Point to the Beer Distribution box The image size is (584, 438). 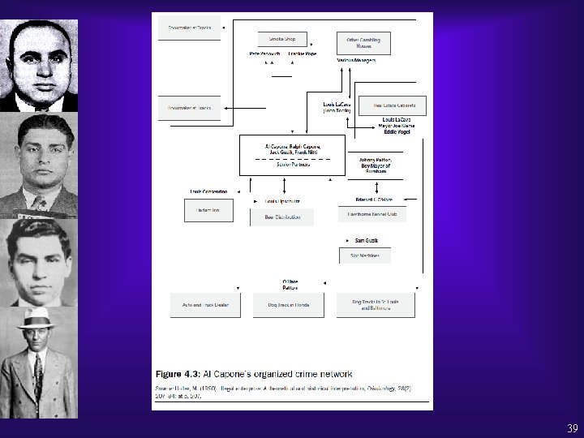tap(281, 217)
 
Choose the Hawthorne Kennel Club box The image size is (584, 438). tap(371, 214)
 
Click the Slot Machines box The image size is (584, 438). tap(364, 255)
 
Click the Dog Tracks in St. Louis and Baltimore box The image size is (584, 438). tap(370, 304)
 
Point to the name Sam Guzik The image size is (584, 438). tap(367, 240)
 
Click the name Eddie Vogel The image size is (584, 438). tap(393, 131)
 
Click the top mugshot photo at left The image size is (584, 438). tap(39, 65)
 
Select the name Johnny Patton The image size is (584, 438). tap(374, 161)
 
